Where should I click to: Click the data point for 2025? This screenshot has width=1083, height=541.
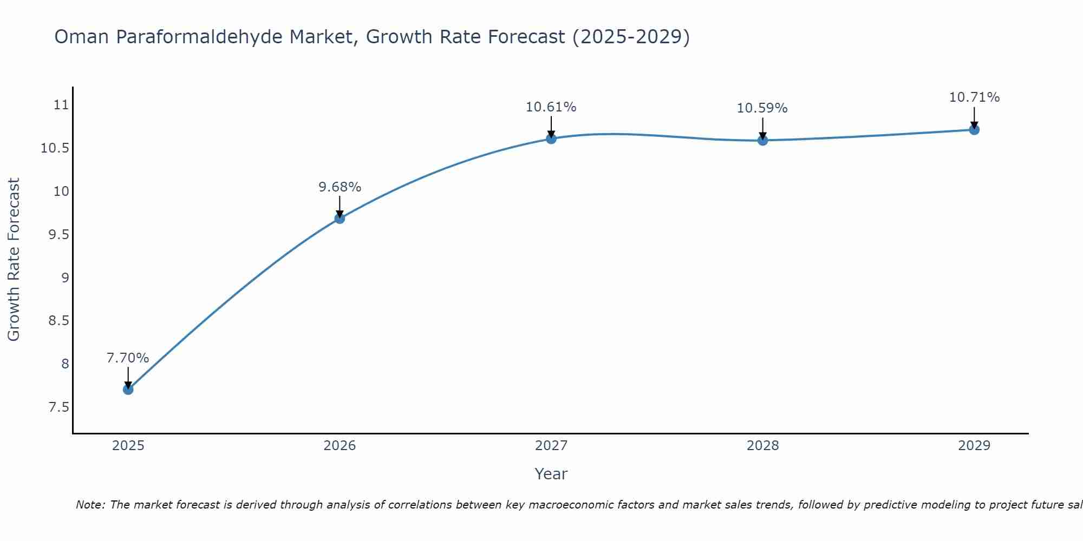(128, 389)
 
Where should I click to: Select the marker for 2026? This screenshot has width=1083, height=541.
(340, 218)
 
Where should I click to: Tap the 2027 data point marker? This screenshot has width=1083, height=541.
(551, 138)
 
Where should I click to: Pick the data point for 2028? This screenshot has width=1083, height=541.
(762, 140)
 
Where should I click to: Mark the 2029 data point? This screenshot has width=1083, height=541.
(974, 130)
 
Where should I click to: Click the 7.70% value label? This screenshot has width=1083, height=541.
(128, 358)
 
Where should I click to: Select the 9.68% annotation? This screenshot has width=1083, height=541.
(340, 187)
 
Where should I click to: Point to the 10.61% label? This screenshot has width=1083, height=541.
(551, 107)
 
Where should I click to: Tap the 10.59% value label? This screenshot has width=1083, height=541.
(762, 108)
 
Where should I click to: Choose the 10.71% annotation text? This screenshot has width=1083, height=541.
(974, 97)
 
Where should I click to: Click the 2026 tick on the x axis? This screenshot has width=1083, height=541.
(340, 446)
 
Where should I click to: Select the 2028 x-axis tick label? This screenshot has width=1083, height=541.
(762, 446)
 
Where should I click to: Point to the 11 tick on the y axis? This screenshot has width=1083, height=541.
(62, 105)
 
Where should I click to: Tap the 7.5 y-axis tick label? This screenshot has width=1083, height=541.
(59, 407)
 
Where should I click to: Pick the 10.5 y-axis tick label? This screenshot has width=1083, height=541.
(55, 148)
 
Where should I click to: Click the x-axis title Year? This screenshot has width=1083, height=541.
(551, 474)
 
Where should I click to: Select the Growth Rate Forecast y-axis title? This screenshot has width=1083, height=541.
(14, 260)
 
